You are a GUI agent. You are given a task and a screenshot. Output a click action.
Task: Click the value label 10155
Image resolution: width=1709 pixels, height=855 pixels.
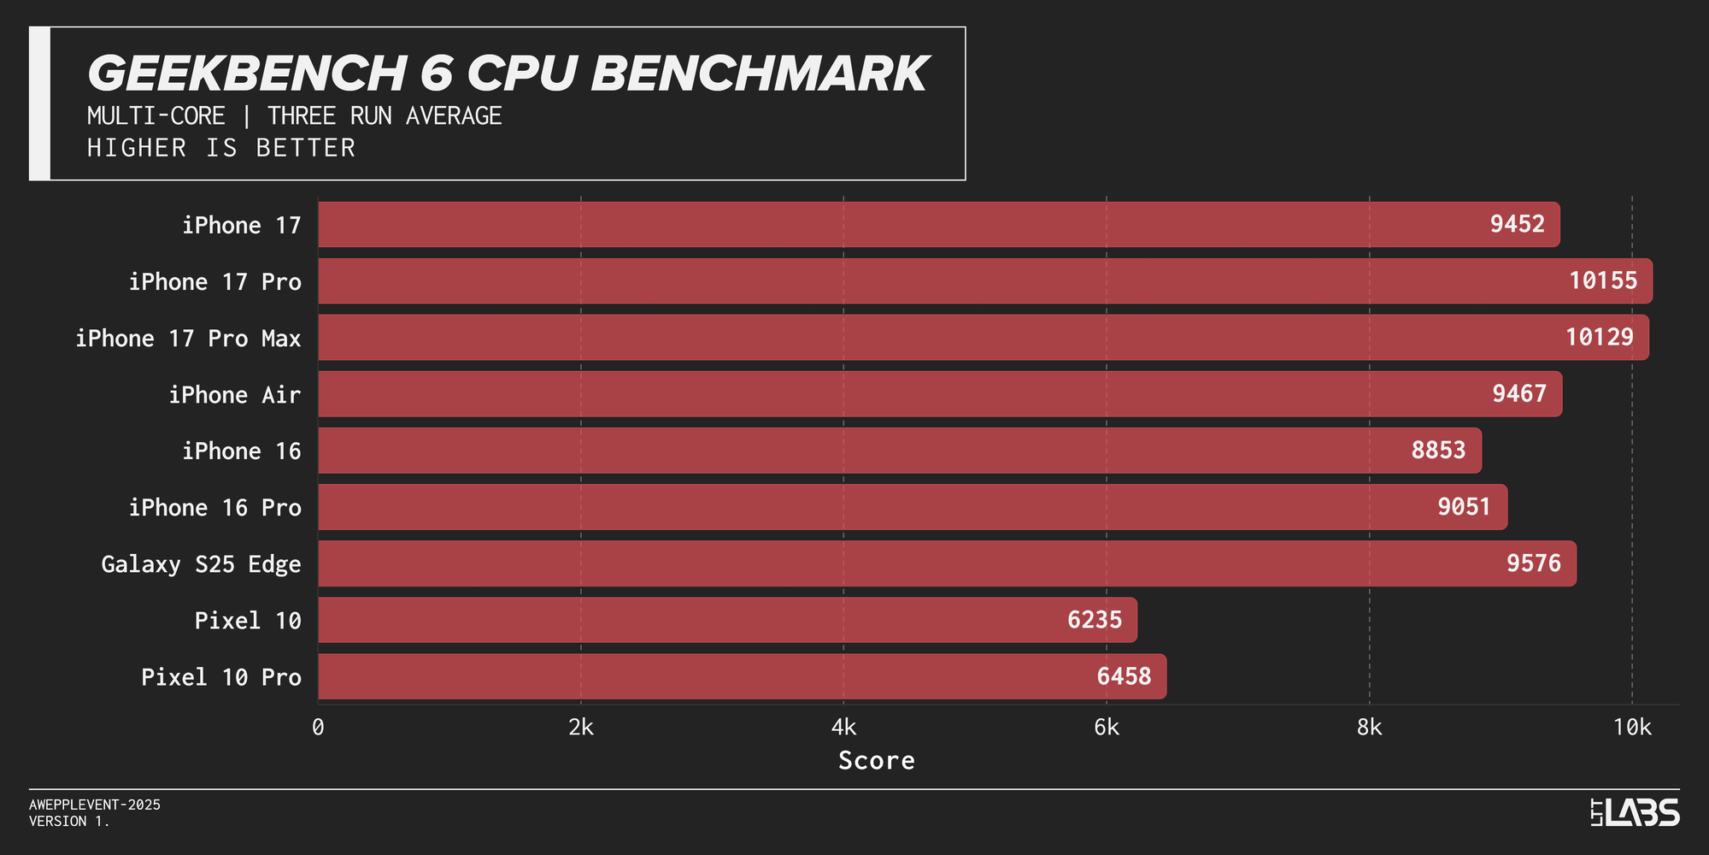pyautogui.click(x=1603, y=280)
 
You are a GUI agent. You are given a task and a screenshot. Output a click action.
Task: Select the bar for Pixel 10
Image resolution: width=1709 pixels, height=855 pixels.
pyautogui.click(x=726, y=620)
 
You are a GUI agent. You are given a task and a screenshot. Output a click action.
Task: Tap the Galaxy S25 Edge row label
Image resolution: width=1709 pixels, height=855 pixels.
pyautogui.click(x=201, y=564)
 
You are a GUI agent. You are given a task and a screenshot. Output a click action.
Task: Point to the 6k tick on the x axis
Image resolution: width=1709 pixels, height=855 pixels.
pyautogui.click(x=1106, y=728)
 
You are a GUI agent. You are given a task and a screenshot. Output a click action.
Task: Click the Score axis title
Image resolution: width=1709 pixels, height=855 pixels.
pyautogui.click(x=876, y=760)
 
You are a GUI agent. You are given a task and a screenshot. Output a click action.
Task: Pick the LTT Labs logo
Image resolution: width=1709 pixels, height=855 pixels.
pyautogui.click(x=1635, y=812)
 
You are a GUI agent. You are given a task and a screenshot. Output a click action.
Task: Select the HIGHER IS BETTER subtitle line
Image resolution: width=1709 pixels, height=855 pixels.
pyautogui.click(x=221, y=148)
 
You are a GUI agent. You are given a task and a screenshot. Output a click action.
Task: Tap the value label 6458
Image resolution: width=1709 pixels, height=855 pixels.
pyautogui.click(x=1124, y=676)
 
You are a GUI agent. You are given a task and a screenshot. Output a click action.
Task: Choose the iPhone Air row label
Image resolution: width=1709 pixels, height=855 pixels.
pyautogui.click(x=234, y=395)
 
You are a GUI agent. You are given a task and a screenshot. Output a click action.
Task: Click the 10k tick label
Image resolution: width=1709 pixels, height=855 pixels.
pyautogui.click(x=1631, y=728)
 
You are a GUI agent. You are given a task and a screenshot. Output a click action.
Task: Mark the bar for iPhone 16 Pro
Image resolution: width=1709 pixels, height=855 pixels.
pyautogui.click(x=913, y=507)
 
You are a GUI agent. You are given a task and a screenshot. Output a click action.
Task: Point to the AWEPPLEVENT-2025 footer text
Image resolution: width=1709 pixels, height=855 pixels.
pyautogui.click(x=95, y=805)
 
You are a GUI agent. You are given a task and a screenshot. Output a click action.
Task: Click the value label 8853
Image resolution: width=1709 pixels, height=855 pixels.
pyautogui.click(x=1438, y=450)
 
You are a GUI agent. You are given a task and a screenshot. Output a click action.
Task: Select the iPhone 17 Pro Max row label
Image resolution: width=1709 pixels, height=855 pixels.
pyautogui.click(x=188, y=339)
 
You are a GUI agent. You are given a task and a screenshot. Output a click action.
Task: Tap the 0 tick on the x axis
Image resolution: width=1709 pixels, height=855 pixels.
pyautogui.click(x=318, y=728)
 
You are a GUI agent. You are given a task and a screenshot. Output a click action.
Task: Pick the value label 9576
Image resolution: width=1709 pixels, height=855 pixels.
pyautogui.click(x=1533, y=563)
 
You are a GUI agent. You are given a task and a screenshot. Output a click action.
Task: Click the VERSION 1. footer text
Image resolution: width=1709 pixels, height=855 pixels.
pyautogui.click(x=69, y=821)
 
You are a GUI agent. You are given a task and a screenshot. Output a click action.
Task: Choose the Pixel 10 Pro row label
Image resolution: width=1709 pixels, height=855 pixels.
pyautogui.click(x=220, y=677)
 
